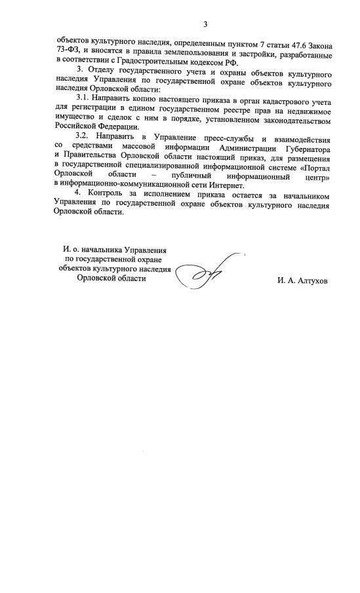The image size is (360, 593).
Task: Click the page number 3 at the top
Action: [205, 25]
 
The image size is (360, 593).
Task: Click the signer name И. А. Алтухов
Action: [302, 280]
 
